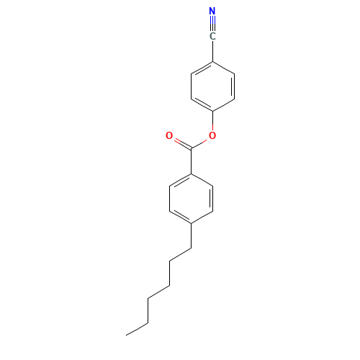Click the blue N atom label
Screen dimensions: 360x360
coord(212,11)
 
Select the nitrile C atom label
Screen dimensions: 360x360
coord(212,37)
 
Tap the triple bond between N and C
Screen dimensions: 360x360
coord(212,24)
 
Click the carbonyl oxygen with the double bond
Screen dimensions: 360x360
coord(169,135)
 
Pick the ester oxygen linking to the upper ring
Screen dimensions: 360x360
coord(212,135)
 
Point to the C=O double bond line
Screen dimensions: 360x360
coord(183,144)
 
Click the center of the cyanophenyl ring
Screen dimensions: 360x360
coord(212,86)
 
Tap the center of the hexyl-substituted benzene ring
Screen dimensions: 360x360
coord(191,199)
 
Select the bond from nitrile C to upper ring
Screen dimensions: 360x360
coord(212,51)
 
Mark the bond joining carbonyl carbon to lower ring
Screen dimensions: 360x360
coord(191,161)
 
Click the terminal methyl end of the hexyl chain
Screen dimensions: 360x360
coord(126,335)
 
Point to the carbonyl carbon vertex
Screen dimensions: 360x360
coord(191,149)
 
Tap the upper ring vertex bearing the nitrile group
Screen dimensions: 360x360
coord(212,62)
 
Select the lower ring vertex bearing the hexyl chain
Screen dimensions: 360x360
coord(191,224)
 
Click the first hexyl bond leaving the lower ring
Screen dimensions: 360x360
coord(191,236)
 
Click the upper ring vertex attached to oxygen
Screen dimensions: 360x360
coord(212,112)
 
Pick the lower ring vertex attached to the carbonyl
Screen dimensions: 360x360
coord(191,174)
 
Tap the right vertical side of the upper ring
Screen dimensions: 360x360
coord(234,86)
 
